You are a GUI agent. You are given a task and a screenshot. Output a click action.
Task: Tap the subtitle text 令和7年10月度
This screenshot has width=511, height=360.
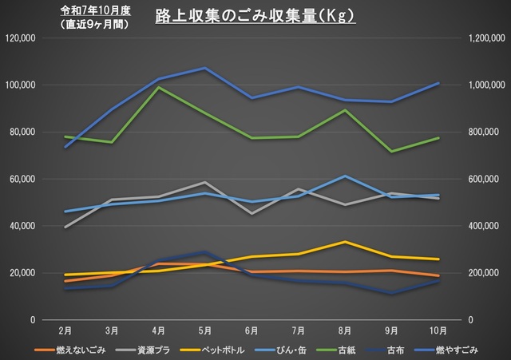click(x=95, y=10)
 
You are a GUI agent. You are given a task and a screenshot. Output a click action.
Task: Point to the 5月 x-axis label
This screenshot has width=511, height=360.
click(x=205, y=330)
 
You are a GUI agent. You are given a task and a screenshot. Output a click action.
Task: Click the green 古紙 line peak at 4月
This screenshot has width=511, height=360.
click(x=158, y=88)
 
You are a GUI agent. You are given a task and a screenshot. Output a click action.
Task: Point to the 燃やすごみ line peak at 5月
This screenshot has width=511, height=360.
click(x=205, y=68)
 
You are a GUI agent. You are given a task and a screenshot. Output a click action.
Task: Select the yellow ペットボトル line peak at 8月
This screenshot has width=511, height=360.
click(x=345, y=241)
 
